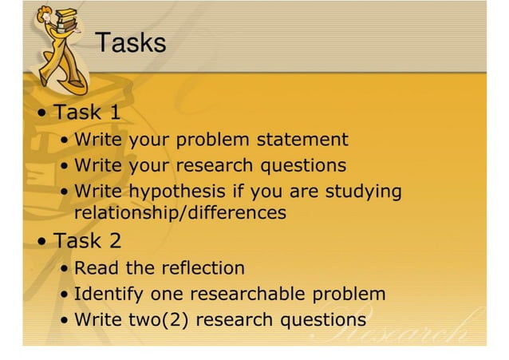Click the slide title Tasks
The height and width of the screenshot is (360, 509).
pos(131,43)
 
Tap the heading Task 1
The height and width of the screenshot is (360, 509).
pos(87,112)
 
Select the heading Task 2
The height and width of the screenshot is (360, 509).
pos(87,240)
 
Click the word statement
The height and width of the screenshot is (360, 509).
pos(302,140)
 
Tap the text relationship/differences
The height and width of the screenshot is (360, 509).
pos(180,213)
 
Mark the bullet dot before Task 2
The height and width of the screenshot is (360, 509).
pos(41,241)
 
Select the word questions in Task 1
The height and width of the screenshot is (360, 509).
pos(308,166)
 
